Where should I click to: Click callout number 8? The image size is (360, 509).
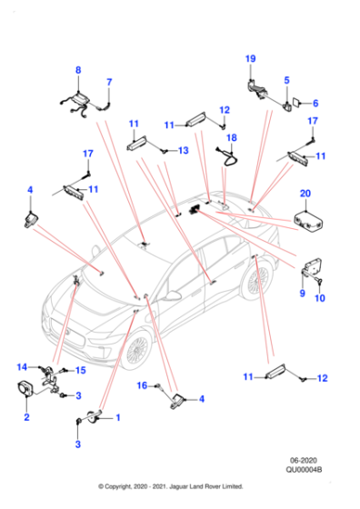[x=77, y=70]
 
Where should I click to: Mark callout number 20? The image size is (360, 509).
[x=305, y=192]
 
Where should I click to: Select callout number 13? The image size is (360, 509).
[x=183, y=150]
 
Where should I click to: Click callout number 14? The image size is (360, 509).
[x=20, y=366]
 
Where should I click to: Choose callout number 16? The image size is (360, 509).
[x=142, y=386]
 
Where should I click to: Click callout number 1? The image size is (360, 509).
[x=115, y=418]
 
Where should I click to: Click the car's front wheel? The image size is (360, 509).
[x=135, y=348]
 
